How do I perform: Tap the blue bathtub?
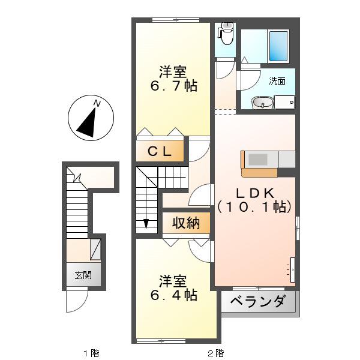pyautogui.click(x=278, y=46)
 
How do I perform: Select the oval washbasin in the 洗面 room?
pyautogui.click(x=262, y=103)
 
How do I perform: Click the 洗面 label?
pyautogui.click(x=277, y=81)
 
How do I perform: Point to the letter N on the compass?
pyautogui.click(x=97, y=104)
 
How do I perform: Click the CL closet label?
pyautogui.click(x=160, y=151)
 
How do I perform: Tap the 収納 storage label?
pyautogui.click(x=186, y=223)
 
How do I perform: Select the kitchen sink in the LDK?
pyautogui.click(x=258, y=160)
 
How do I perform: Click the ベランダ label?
pyautogui.click(x=258, y=301)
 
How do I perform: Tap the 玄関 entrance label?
pyautogui.click(x=83, y=275)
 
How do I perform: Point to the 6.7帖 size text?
pyautogui.click(x=173, y=86)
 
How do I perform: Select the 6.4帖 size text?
pyautogui.click(x=174, y=295)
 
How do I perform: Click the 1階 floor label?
pyautogui.click(x=91, y=353)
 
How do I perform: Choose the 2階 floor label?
pyautogui.click(x=215, y=353)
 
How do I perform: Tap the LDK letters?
pyautogui.click(x=255, y=193)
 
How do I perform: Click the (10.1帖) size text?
pyautogui.click(x=254, y=207)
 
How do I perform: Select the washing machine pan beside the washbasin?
pyautogui.click(x=284, y=102)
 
